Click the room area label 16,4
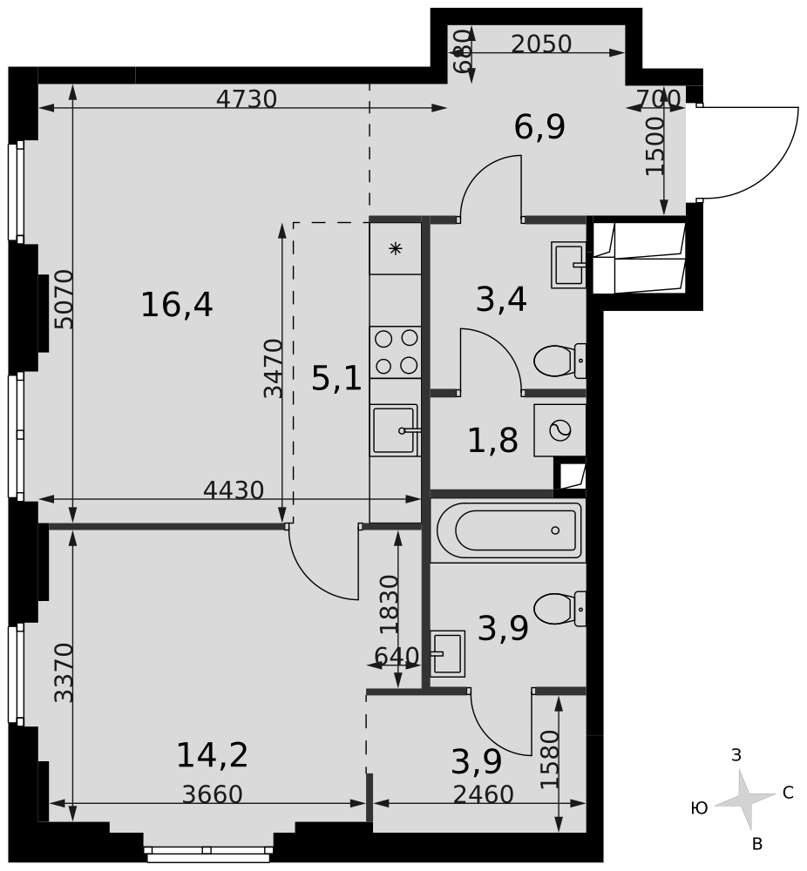click(x=177, y=305)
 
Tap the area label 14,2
click(x=212, y=754)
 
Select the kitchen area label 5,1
click(x=336, y=379)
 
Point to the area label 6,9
click(x=539, y=127)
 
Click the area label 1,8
click(x=492, y=441)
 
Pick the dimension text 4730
click(x=246, y=99)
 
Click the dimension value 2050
click(x=540, y=44)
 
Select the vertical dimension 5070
click(x=64, y=299)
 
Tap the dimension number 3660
click(x=212, y=794)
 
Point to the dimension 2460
click(x=483, y=794)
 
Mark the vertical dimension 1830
click(x=389, y=603)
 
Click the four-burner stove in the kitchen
click(x=396, y=351)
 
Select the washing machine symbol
click(x=559, y=429)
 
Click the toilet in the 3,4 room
click(x=558, y=360)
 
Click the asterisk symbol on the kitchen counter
click(x=396, y=249)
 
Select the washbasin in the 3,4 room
click(x=567, y=265)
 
